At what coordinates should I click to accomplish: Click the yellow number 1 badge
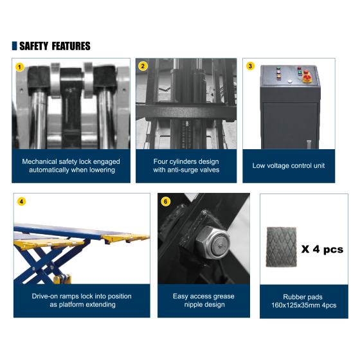[20, 67]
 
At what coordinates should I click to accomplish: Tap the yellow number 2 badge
[143, 66]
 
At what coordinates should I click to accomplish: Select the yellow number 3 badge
[250, 66]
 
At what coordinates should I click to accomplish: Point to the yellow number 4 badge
[22, 202]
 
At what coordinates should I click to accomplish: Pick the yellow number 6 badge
[166, 202]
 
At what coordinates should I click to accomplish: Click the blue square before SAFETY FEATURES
[14, 46]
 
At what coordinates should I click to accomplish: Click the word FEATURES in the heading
[71, 46]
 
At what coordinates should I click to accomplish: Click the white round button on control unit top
[290, 81]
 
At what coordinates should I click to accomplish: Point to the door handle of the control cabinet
[309, 144]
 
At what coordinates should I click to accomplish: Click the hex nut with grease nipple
[212, 242]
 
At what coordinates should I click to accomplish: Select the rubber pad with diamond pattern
[282, 247]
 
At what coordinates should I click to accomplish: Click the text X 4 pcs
[322, 249]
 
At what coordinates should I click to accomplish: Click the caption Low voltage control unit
[289, 166]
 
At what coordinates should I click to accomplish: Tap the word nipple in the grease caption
[193, 305]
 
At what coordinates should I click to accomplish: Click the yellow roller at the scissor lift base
[62, 279]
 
